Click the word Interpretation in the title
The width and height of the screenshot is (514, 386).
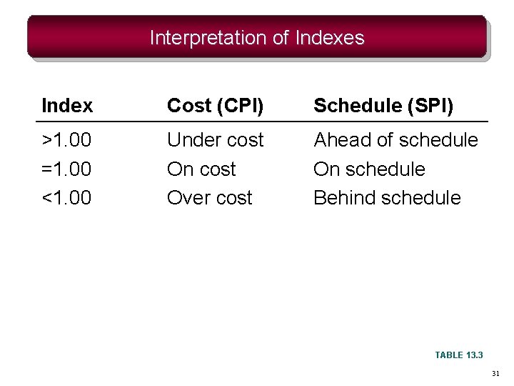click(208, 38)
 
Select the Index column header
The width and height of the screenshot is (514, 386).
click(67, 107)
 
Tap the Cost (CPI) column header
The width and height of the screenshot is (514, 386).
click(215, 107)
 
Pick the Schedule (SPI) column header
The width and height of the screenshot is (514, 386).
click(383, 107)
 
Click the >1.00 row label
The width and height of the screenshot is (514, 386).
click(67, 140)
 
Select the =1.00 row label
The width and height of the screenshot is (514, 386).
click(67, 169)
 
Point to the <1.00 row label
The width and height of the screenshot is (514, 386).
click(67, 198)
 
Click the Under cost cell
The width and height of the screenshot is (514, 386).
click(215, 140)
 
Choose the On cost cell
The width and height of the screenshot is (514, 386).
click(201, 169)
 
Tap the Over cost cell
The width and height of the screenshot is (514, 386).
click(209, 198)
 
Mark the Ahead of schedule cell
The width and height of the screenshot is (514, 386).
click(395, 140)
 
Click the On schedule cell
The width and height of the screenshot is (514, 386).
click(369, 169)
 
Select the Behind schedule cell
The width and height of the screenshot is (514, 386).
click(387, 198)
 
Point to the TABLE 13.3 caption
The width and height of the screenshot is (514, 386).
click(459, 355)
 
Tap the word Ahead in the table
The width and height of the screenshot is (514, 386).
click(339, 140)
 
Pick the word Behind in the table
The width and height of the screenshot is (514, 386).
click(341, 198)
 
